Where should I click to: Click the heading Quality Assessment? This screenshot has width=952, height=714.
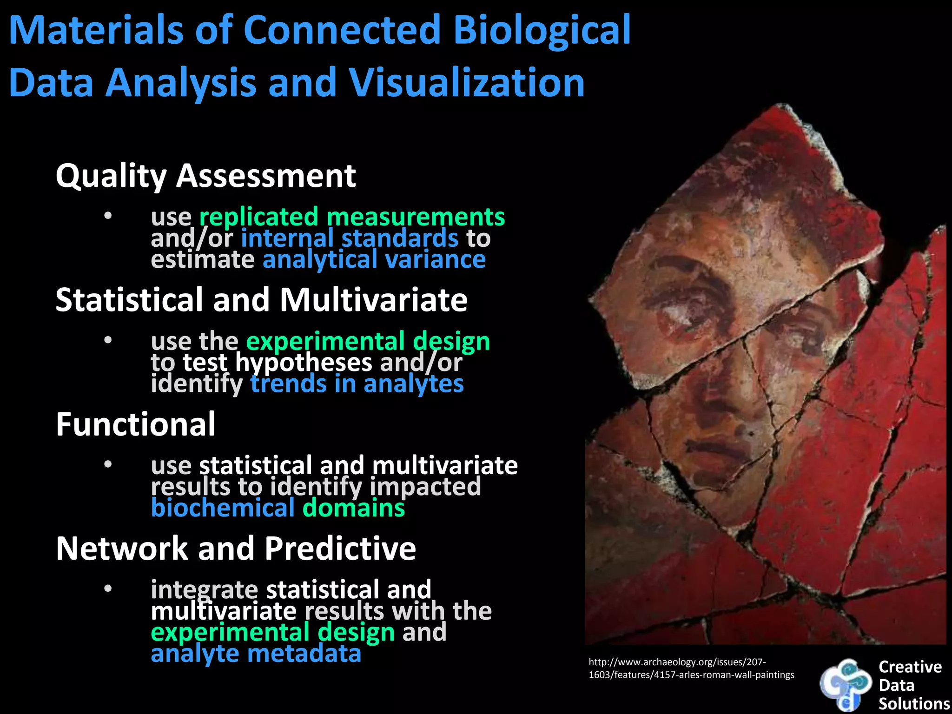(x=205, y=176)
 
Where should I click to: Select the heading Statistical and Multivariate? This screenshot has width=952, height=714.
(x=261, y=300)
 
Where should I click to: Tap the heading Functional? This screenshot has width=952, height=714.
(x=135, y=424)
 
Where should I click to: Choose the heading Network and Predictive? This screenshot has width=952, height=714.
(x=236, y=549)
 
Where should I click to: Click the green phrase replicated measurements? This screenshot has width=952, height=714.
(x=352, y=217)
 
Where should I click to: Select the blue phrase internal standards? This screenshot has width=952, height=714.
(x=350, y=238)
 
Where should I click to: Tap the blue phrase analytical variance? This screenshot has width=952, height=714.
(x=374, y=259)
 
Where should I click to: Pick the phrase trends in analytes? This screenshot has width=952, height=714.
(x=357, y=384)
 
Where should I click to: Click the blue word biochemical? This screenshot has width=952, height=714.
(x=223, y=508)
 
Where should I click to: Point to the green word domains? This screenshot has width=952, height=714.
(x=354, y=508)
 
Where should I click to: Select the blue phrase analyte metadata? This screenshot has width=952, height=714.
(x=256, y=654)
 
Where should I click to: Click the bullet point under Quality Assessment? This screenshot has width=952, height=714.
(x=108, y=216)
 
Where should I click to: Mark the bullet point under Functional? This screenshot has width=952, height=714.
(x=108, y=464)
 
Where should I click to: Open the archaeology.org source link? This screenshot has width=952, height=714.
(x=691, y=668)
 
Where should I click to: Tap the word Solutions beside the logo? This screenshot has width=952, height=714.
(x=914, y=704)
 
